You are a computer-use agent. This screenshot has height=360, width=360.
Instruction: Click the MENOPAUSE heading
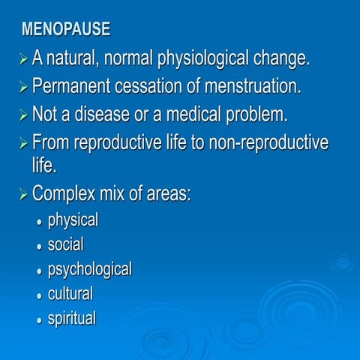66,30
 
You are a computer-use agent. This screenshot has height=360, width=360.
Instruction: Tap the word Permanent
71,86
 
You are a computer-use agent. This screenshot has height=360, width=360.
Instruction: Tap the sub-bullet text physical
73,220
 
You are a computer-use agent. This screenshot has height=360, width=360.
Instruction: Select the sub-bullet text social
65,244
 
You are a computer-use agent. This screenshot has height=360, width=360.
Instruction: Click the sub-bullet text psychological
89,269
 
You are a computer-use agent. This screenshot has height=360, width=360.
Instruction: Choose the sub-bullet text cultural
70,293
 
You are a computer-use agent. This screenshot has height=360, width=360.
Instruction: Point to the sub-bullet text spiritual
71,318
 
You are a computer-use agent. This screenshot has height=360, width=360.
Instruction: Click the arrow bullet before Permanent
24,87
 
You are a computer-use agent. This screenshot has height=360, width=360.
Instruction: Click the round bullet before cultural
39,295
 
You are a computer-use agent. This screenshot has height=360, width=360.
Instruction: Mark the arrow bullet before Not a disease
24,115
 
